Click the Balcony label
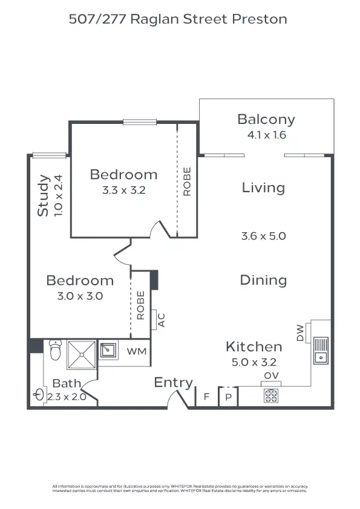[x=266, y=119]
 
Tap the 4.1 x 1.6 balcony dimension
[x=266, y=135]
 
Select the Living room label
[x=263, y=187]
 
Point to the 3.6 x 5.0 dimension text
[x=263, y=236]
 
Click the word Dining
[x=263, y=280]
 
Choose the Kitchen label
[x=254, y=346]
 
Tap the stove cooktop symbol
[x=270, y=396]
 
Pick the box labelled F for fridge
[x=206, y=397]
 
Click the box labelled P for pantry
[x=229, y=397]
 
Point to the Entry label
[x=173, y=382]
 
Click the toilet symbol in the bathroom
[x=55, y=349]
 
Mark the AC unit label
[x=161, y=320]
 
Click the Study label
[x=43, y=195]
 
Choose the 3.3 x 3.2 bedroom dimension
[x=123, y=189]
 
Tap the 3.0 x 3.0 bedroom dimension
[x=80, y=296]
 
